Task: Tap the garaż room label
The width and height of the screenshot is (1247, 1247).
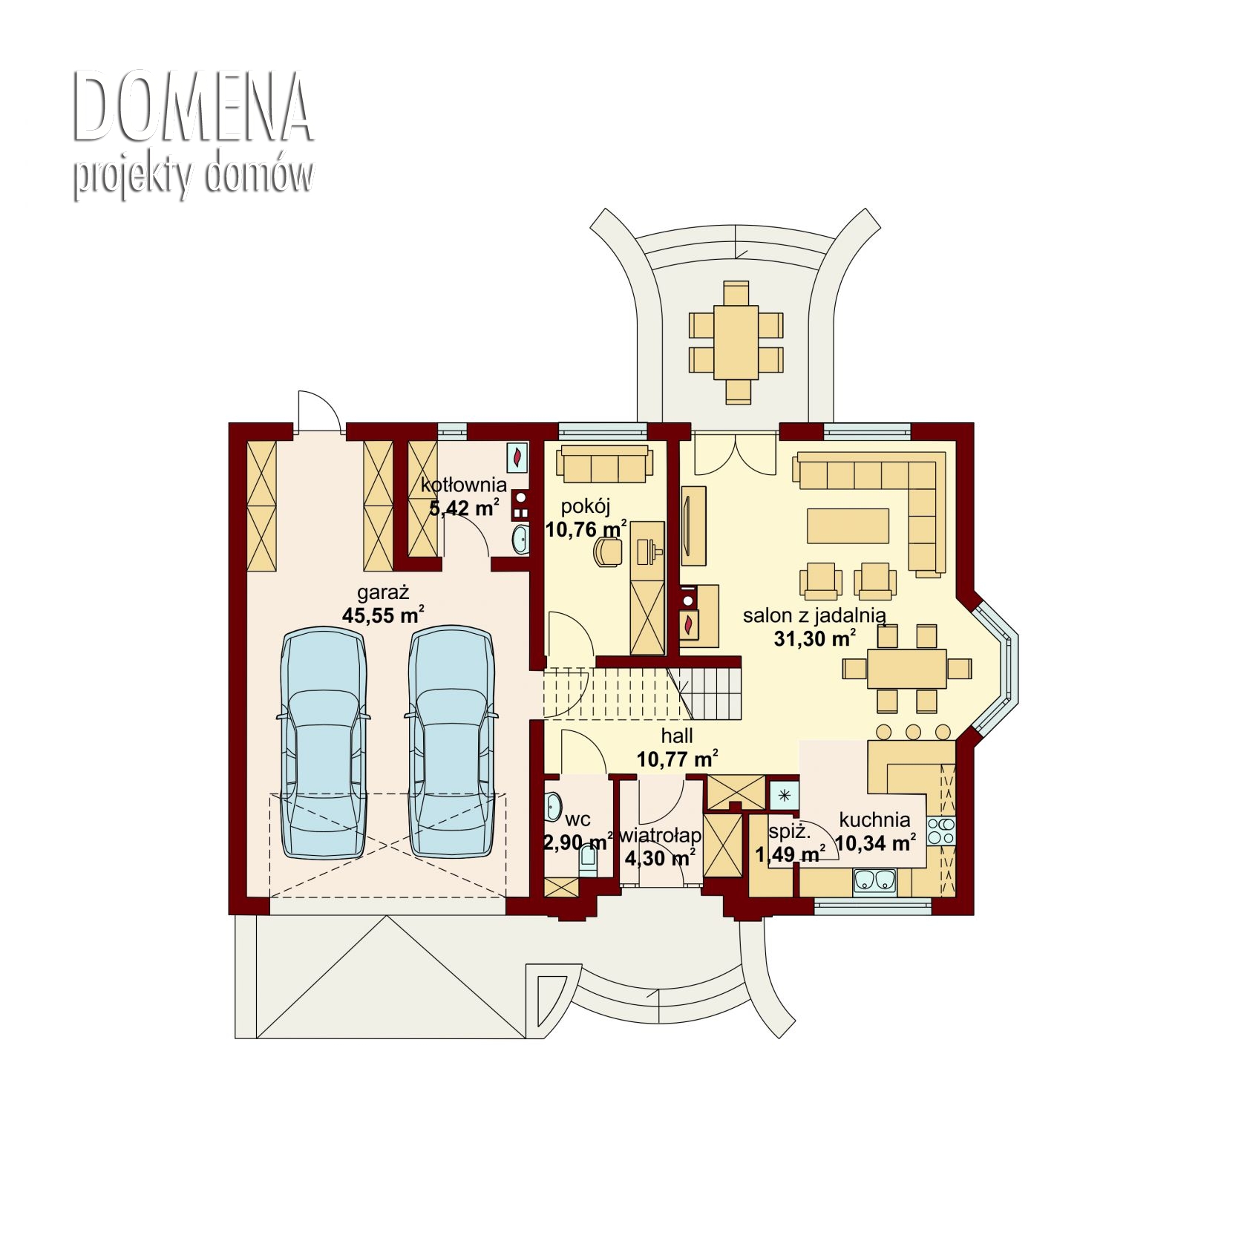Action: pos(383,593)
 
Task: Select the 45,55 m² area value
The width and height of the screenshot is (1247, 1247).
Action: pos(383,615)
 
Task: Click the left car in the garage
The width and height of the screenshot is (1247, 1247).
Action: pos(323,743)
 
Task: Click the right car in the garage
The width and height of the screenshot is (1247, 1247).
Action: pos(451,743)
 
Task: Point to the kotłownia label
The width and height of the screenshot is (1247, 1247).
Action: pos(464,485)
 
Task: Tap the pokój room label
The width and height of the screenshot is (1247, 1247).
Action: pos(586,507)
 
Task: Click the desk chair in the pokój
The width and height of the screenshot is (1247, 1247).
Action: pos(608,552)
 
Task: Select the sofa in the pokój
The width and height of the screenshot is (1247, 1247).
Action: pos(604,464)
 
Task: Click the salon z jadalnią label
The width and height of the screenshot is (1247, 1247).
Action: pos(814,615)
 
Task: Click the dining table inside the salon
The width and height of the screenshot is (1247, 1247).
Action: pos(907,669)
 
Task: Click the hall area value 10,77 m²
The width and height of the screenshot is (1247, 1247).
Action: pos(678,759)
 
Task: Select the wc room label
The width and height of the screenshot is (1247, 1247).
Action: pos(577,819)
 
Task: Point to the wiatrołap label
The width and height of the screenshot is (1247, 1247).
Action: pos(660,836)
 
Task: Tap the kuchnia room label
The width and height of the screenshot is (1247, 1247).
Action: pos(875,819)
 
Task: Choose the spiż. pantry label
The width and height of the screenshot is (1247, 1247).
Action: pos(789,832)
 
